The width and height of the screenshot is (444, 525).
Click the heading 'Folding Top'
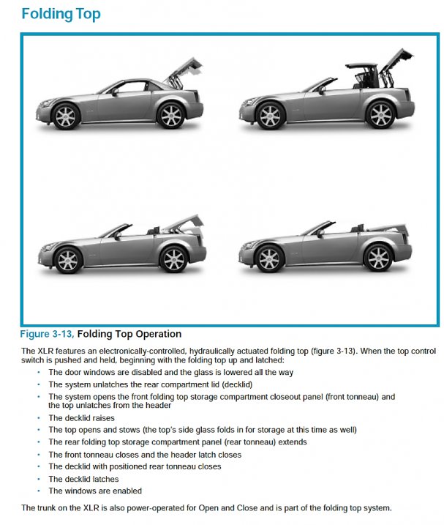pyautogui.click(x=61, y=14)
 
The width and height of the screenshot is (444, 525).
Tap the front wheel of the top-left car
pyautogui.click(x=66, y=115)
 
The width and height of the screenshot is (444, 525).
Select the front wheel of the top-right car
pyautogui.click(x=270, y=115)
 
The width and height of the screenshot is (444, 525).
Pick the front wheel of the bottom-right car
pyautogui.click(x=270, y=258)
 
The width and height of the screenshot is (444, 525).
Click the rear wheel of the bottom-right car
pyautogui.click(x=377, y=258)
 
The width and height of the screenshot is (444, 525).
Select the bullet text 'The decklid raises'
pyautogui.click(x=82, y=418)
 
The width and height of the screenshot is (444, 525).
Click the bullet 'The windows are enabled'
pyautogui.click(x=95, y=491)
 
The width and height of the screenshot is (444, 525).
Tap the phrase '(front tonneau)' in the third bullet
pyautogui.click(x=357, y=396)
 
